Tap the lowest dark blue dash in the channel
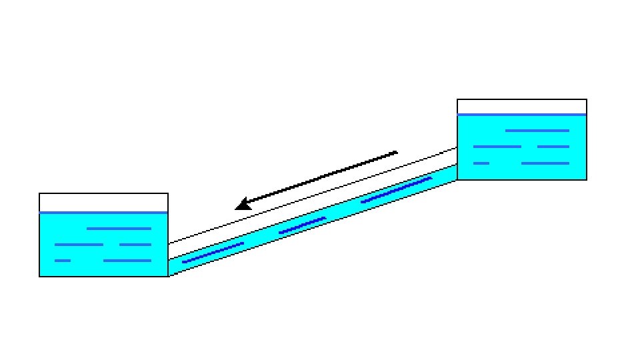213,253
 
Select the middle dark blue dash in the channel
302,225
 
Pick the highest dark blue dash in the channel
396,190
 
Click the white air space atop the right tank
521,107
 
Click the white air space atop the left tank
103,203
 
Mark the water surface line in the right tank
521,115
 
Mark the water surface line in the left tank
103,213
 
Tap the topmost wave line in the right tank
537,131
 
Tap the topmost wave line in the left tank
119,229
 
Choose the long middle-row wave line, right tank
497,147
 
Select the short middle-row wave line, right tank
553,147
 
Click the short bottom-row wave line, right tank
481,163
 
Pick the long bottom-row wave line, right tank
545,163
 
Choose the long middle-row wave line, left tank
79,245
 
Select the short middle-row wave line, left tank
135,245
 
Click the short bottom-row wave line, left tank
63,261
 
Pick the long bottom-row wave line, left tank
127,261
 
